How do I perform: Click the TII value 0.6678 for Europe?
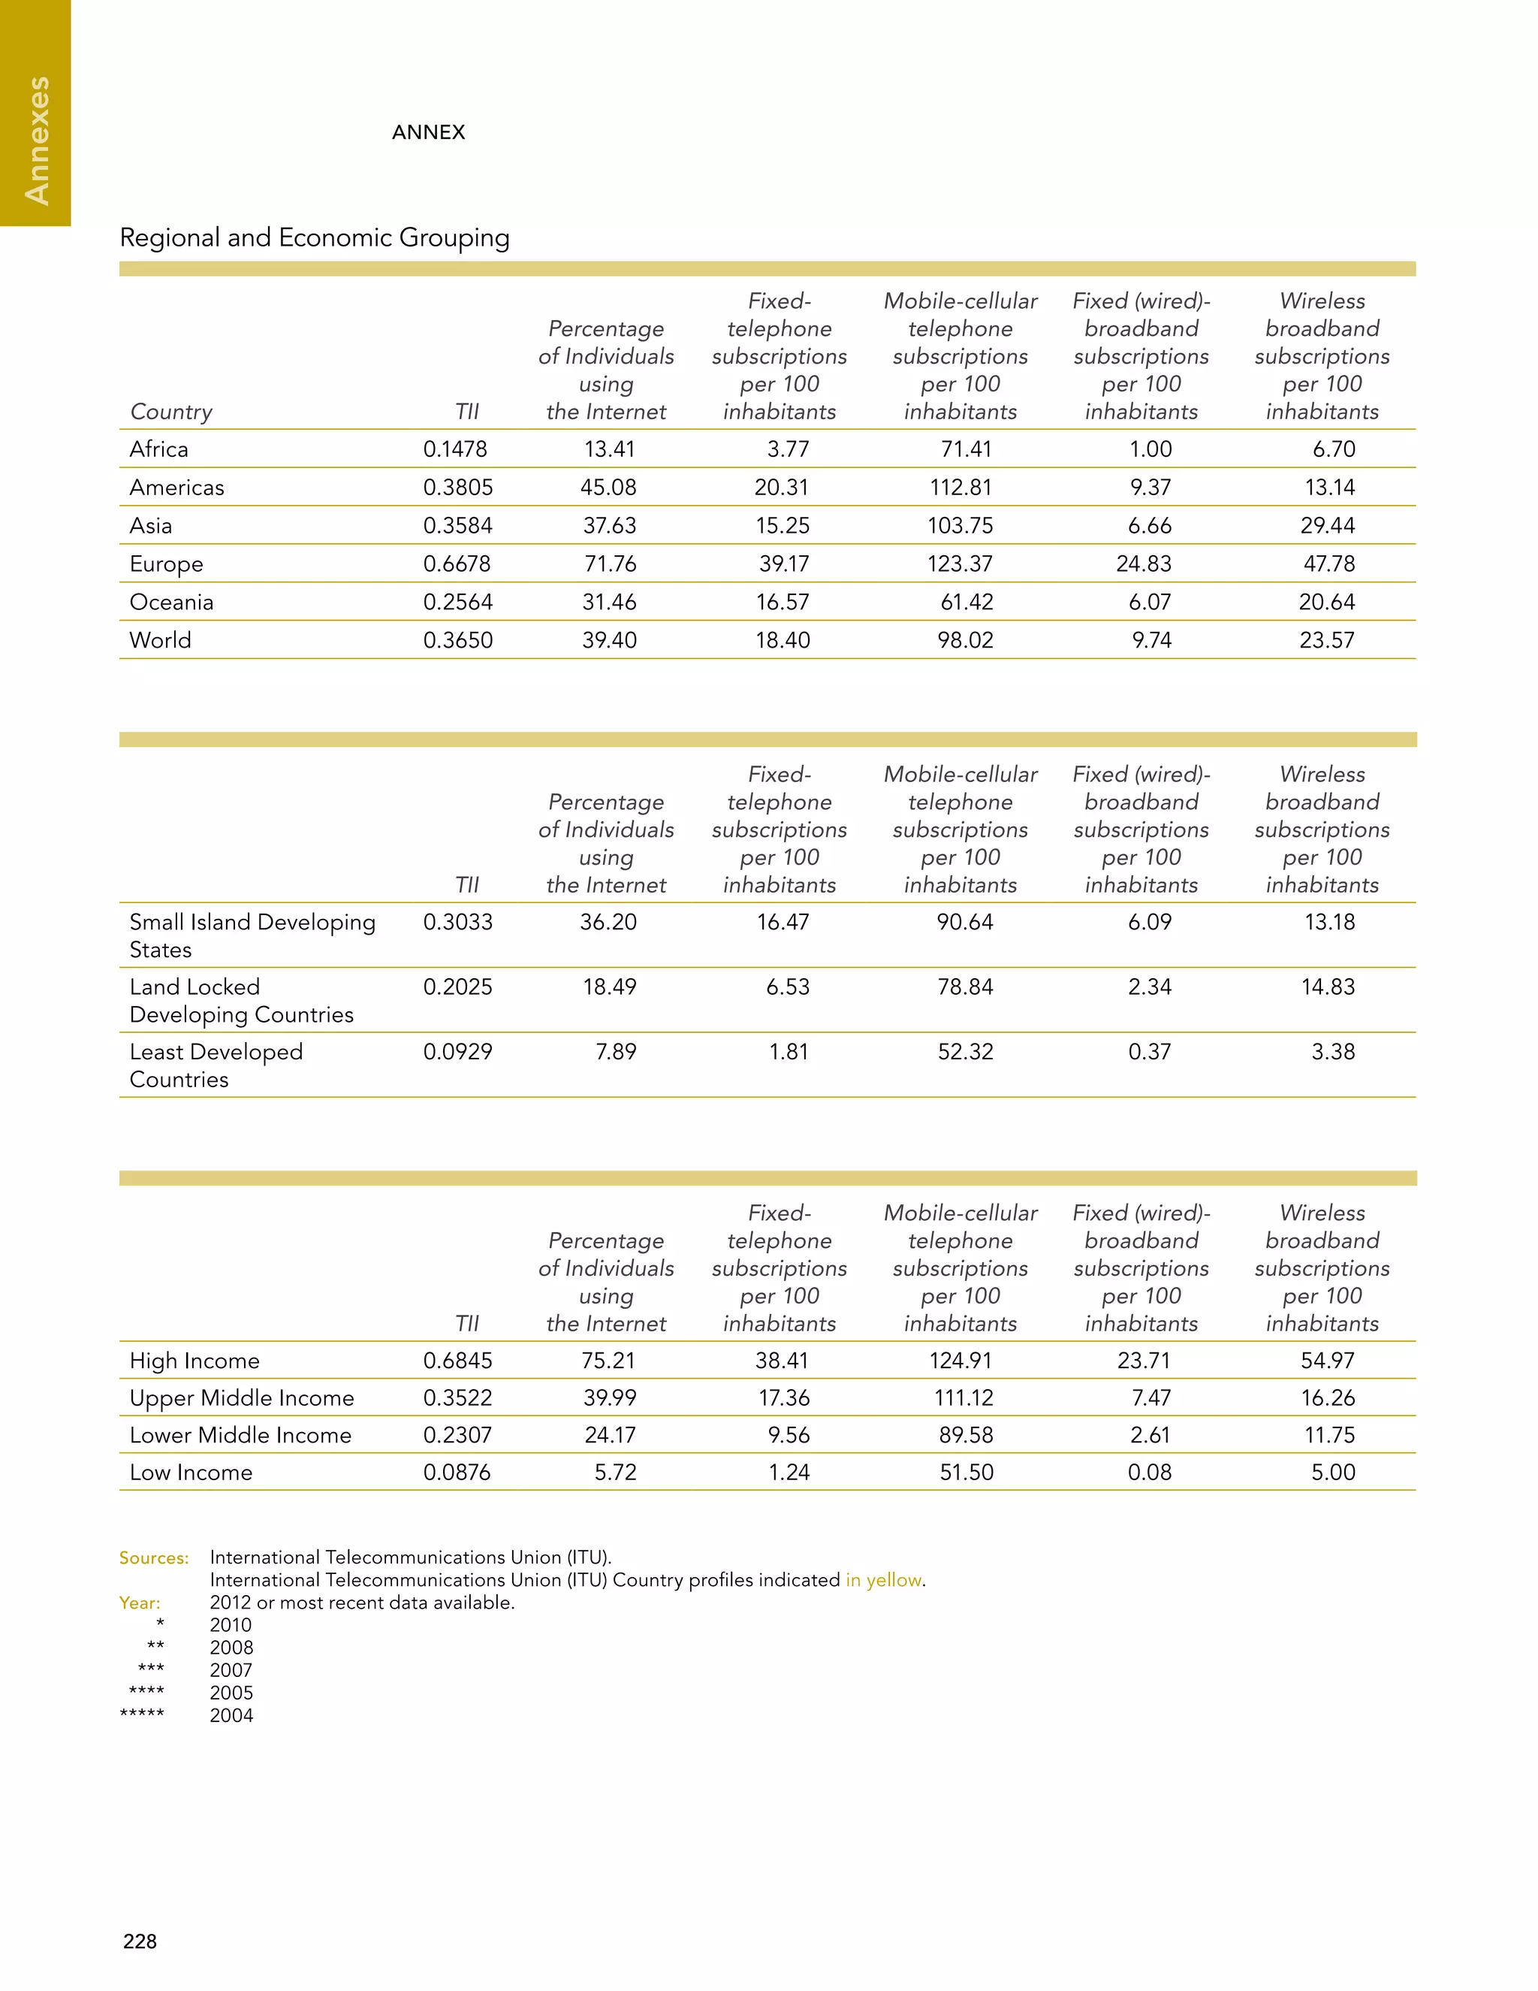pyautogui.click(x=457, y=563)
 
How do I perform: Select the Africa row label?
pyautogui.click(x=158, y=449)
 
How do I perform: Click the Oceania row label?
pyautogui.click(x=171, y=602)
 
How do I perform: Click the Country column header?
pyautogui.click(x=171, y=411)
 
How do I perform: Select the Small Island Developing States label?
pyautogui.click(x=252, y=935)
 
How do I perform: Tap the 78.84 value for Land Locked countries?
pyautogui.click(x=965, y=986)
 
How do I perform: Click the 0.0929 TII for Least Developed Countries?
pyautogui.click(x=457, y=1051)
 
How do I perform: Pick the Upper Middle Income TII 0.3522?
pyautogui.click(x=457, y=1397)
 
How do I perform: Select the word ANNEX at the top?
pyautogui.click(x=428, y=132)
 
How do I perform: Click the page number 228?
pyautogui.click(x=140, y=1941)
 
